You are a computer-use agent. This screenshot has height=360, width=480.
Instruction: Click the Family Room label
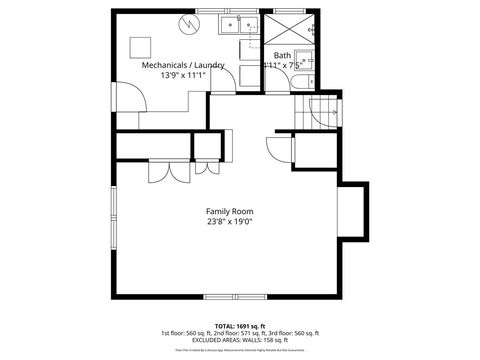coord(229,211)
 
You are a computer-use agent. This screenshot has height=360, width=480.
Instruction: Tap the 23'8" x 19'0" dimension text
coord(229,223)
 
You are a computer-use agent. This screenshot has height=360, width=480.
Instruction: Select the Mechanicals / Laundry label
coord(183,65)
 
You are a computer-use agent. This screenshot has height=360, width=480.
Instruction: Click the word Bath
coord(282,55)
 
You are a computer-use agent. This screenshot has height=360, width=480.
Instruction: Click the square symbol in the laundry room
coord(143,43)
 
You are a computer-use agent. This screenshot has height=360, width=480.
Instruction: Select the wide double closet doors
coord(168,171)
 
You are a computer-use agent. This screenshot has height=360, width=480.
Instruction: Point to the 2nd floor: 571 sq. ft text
coord(241,333)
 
